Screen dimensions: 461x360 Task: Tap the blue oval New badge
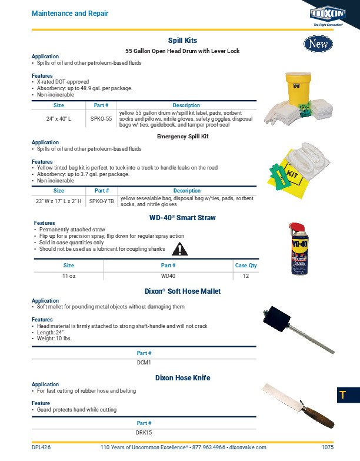click(x=318, y=44)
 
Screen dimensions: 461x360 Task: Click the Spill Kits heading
click(x=182, y=40)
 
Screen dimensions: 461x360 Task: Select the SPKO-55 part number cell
click(x=101, y=118)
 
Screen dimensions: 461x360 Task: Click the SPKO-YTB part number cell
click(x=102, y=201)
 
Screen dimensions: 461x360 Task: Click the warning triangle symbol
click(x=177, y=250)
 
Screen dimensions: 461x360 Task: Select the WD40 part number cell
click(x=168, y=276)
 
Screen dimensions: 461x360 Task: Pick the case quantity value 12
click(x=246, y=276)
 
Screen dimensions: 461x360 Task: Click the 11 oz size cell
click(x=68, y=276)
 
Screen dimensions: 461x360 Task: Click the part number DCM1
click(x=144, y=362)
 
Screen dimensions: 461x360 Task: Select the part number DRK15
click(x=144, y=432)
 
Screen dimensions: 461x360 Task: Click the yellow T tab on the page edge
click(x=342, y=395)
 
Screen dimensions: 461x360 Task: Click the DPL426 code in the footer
click(x=41, y=447)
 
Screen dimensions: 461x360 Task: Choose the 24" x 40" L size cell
click(x=59, y=118)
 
